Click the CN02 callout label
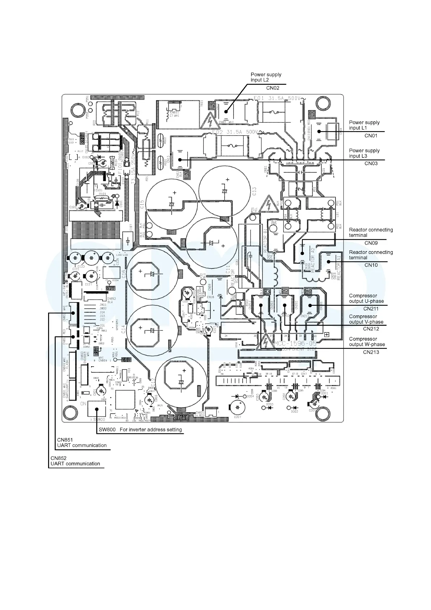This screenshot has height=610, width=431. click(x=273, y=88)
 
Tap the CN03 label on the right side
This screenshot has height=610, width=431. click(x=371, y=163)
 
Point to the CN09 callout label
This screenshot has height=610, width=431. click(x=371, y=243)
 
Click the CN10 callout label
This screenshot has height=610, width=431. click(x=371, y=265)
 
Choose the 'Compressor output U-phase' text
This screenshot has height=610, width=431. click(x=366, y=298)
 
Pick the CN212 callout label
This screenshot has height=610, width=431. click(x=371, y=329)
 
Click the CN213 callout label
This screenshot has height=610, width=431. click(x=371, y=352)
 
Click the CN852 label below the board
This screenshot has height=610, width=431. click(x=58, y=458)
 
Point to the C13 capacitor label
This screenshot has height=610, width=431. click(x=254, y=191)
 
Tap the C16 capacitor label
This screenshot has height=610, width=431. click(x=124, y=274)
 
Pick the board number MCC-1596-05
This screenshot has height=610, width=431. click(x=295, y=343)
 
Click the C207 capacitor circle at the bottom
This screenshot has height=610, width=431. click(x=238, y=408)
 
